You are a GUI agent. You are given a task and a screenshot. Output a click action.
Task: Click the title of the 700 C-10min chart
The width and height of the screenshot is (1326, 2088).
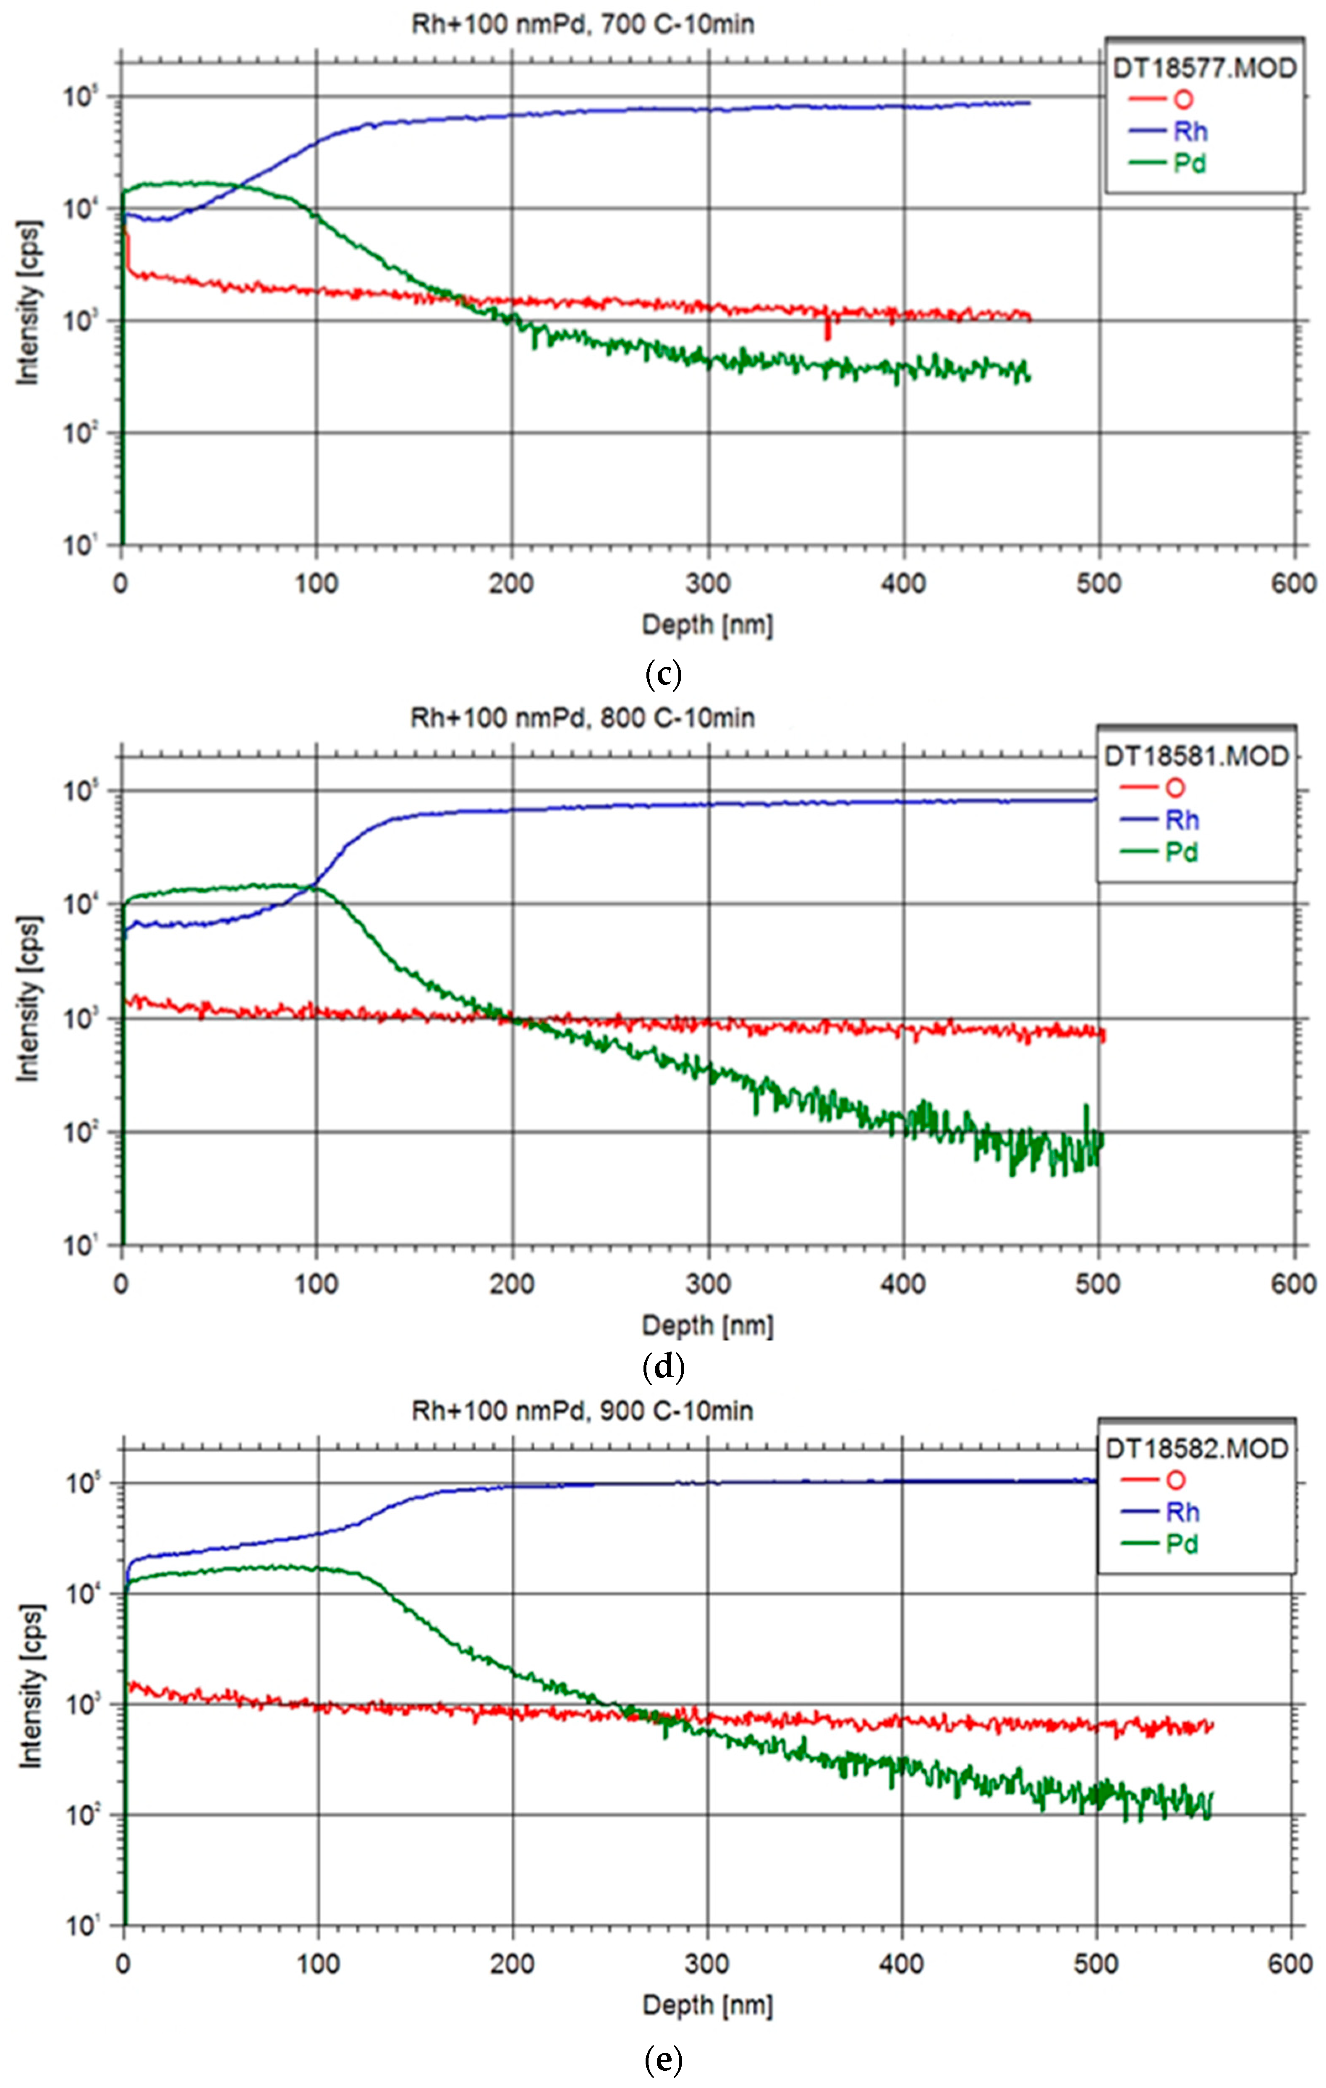[582, 24]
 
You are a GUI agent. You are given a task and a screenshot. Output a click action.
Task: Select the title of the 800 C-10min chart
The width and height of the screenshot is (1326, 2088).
[582, 718]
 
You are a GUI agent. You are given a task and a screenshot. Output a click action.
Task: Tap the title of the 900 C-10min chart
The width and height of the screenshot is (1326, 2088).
[582, 1411]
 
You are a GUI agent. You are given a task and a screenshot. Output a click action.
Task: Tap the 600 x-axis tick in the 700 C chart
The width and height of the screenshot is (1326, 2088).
[1294, 584]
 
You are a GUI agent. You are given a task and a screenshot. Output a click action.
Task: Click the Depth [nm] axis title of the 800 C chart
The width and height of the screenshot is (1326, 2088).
[707, 1325]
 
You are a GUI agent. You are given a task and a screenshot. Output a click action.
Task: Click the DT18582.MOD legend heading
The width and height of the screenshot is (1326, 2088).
[1197, 1449]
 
